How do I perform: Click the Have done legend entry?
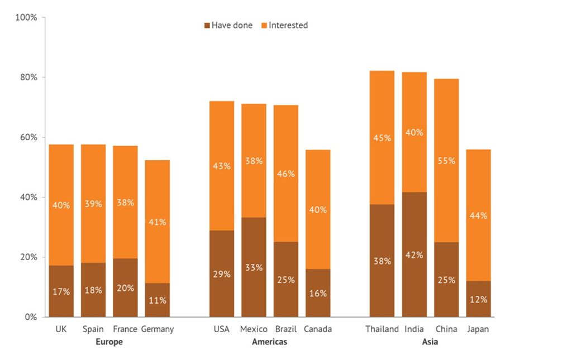(228, 25)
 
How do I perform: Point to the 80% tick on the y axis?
(26, 77)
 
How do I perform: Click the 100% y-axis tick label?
(26, 17)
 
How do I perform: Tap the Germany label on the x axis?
(157, 329)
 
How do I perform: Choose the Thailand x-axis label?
(382, 329)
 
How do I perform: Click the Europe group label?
(109, 342)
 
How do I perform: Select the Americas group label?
(269, 342)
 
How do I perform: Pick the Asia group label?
(430, 342)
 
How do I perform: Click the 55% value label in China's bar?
(447, 161)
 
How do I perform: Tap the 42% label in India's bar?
(414, 255)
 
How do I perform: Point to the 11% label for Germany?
(158, 300)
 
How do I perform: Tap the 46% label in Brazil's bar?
(286, 174)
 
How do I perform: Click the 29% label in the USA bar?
(222, 274)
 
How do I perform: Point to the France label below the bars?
(125, 329)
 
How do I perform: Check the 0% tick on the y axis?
(29, 317)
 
